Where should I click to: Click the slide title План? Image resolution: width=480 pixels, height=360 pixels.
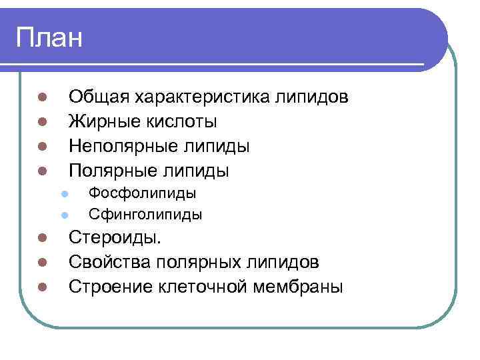click(x=49, y=38)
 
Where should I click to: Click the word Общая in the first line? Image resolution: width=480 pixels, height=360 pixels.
click(x=99, y=97)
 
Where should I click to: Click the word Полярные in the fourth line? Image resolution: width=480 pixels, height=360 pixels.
click(x=111, y=171)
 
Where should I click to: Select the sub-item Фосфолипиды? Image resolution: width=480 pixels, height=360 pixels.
click(x=143, y=193)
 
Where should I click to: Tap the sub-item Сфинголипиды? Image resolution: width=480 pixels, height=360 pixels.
click(x=146, y=215)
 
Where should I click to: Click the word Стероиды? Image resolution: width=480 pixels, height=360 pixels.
click(x=115, y=238)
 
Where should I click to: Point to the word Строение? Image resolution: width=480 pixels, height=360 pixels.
click(x=111, y=287)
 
